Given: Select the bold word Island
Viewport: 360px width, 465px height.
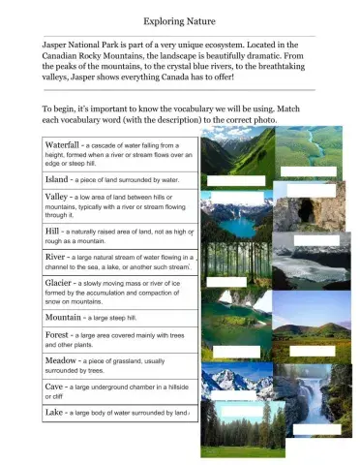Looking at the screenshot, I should tap(60, 179).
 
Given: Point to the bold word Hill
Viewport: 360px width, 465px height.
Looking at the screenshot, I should tap(53, 232).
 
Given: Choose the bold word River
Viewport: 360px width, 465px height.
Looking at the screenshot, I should tap(56, 257).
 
